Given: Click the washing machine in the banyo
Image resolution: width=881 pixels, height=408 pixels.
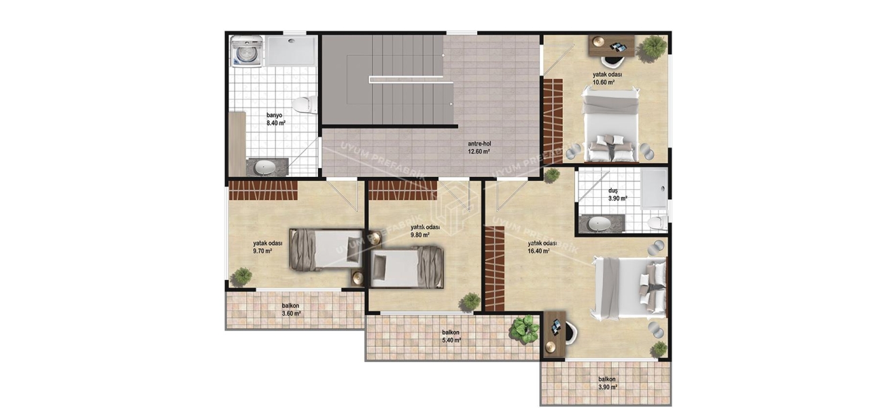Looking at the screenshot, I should click(246, 52).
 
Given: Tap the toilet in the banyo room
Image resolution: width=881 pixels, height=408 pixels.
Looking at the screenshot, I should click(303, 105).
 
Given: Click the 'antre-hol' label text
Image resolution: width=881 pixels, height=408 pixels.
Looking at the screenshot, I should click(479, 144).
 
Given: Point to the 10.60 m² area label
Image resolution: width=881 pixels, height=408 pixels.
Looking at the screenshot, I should click(602, 82).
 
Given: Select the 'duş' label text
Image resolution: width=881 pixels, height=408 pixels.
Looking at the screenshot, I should click(613, 191).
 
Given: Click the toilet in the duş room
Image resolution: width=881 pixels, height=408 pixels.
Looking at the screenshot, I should click(656, 222).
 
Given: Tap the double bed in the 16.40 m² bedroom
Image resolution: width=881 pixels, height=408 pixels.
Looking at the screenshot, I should click(629, 286).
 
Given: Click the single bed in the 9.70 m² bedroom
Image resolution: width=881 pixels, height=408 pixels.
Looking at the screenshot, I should click(326, 249).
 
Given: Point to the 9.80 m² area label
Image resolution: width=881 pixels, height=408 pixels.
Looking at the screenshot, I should click(419, 235).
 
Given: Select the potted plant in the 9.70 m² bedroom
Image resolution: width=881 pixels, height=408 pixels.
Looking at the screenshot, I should click(241, 276).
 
